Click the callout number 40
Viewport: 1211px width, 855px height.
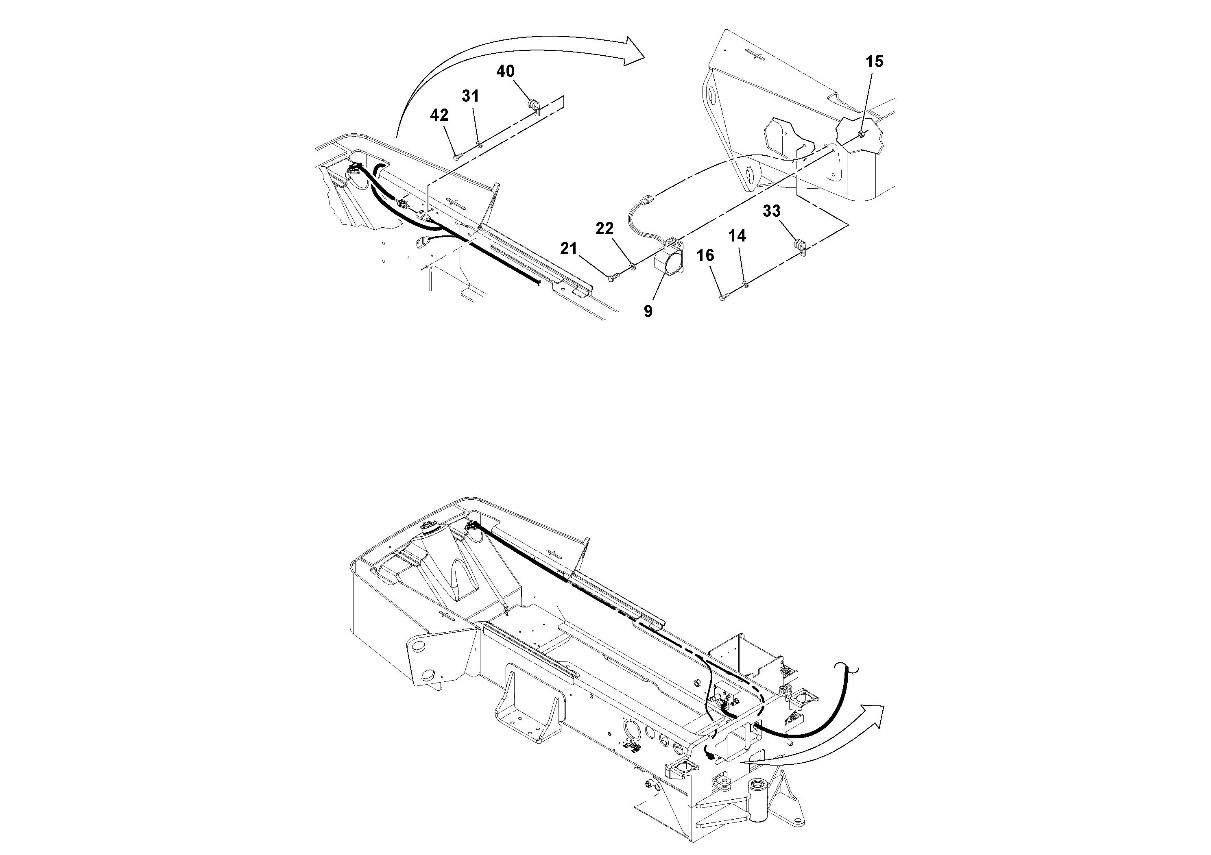505,71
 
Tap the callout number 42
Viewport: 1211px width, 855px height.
439,115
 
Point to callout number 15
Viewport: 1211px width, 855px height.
874,62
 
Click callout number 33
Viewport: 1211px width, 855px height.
772,211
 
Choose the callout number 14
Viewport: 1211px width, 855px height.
738,236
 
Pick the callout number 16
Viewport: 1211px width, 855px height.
705,256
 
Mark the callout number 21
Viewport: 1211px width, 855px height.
569,248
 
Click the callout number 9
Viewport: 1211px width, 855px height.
648,311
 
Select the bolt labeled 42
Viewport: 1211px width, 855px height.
457,157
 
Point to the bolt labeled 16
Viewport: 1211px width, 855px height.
723,298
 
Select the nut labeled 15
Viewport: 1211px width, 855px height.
860,134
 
